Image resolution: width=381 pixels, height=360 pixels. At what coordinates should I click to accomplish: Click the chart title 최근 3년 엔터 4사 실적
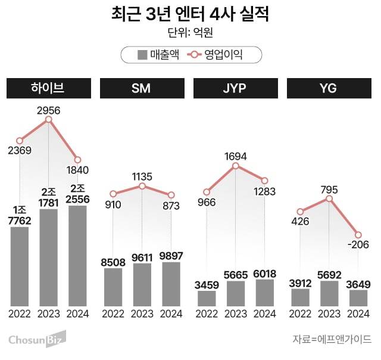coord(190,14)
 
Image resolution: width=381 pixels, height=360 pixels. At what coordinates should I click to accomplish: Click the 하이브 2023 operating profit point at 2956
coord(49,119)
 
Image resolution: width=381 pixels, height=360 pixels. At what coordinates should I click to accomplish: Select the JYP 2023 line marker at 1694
coord(236,166)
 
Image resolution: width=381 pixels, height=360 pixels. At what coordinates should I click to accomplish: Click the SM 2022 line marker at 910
coord(113,194)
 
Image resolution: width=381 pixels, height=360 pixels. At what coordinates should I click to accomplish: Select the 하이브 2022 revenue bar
coord(20,266)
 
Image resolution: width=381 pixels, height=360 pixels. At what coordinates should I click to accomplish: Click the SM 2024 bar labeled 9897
coord(171,284)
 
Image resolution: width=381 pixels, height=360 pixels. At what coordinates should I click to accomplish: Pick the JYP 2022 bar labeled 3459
coord(207,298)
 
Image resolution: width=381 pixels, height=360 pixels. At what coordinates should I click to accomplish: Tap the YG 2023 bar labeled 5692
coord(329,293)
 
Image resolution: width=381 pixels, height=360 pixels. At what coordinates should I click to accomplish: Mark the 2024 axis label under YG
coord(358,314)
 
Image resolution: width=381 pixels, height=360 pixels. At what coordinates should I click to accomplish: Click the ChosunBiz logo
coord(36,340)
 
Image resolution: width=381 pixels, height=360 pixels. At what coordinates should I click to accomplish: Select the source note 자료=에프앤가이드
coord(332,340)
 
